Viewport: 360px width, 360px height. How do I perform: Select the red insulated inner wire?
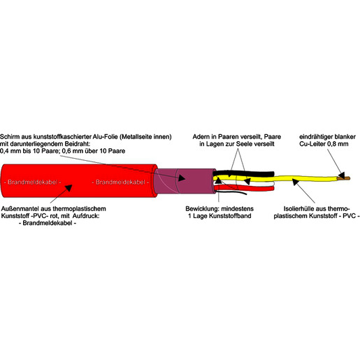click(244, 187)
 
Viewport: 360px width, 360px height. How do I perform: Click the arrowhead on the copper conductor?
click(341, 175)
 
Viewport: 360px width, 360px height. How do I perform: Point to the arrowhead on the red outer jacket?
click(68, 188)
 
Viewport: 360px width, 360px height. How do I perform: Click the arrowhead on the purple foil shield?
click(182, 178)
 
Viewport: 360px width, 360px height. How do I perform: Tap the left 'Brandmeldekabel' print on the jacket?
click(33, 182)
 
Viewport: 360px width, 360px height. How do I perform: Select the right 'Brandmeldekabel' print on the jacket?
click(120, 182)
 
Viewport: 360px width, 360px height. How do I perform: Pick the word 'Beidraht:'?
click(78, 144)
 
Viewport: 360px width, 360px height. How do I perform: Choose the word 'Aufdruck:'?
click(86, 216)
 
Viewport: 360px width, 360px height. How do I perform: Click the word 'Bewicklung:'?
click(202, 208)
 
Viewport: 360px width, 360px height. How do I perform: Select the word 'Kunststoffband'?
click(230, 216)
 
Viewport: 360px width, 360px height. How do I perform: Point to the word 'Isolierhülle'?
click(298, 208)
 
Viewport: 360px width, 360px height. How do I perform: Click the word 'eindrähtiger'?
click(316, 136)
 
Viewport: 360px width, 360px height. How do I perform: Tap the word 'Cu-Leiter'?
click(312, 144)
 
